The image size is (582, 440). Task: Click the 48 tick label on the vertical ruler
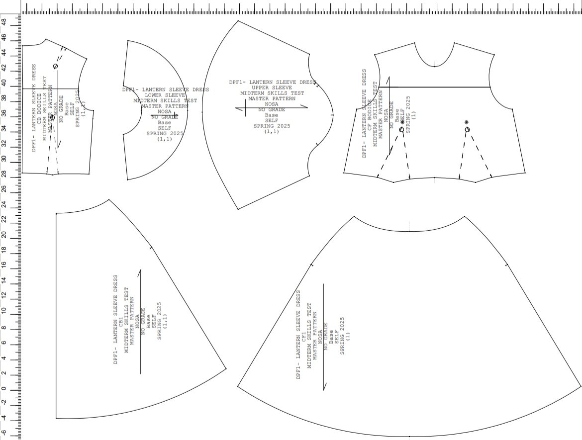4,22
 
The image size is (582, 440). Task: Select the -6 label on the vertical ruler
4,433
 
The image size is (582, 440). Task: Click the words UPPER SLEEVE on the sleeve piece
272,88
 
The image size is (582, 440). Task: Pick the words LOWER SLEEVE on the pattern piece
165,95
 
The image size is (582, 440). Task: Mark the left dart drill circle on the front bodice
402,130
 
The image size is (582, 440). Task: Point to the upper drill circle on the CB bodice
55,66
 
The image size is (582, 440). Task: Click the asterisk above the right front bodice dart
466,122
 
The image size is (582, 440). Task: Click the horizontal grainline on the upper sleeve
272,107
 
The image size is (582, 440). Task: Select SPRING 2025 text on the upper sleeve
272,126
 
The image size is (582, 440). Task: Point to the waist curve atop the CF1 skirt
409,231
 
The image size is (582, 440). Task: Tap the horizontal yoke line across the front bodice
433,87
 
